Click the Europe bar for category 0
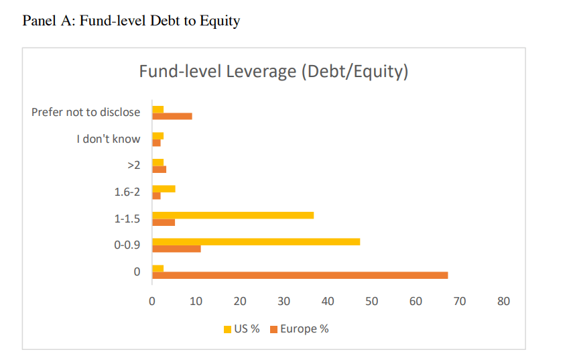click(300, 275)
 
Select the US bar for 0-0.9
click(256, 241)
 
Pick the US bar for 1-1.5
click(233, 215)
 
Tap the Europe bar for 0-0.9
click(176, 249)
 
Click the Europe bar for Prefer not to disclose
click(172, 116)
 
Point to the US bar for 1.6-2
click(164, 188)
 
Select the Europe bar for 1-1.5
click(164, 222)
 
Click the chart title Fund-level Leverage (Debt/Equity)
click(273, 71)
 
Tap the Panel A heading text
click(131, 21)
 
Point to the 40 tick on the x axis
click(328, 301)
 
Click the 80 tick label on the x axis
click(503, 301)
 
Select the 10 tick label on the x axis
click(196, 301)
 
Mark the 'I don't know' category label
click(109, 139)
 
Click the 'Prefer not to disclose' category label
click(86, 112)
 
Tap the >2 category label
click(133, 165)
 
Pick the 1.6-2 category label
click(127, 192)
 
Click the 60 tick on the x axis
click(416, 301)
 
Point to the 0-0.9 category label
click(127, 245)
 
